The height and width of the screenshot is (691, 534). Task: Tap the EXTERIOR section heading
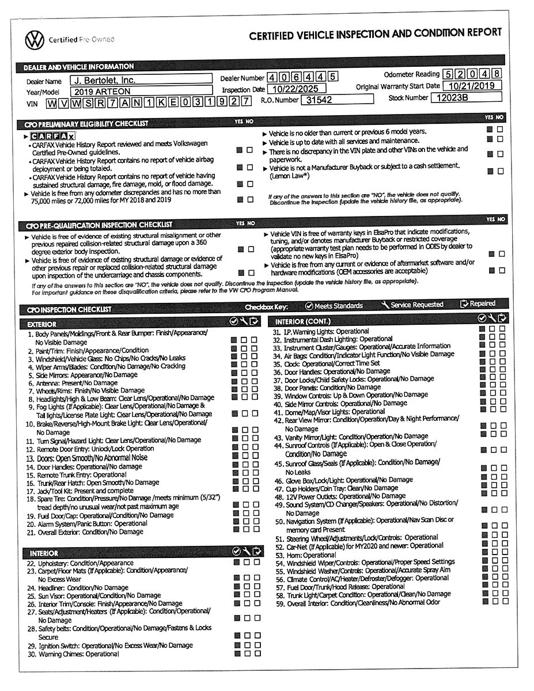42,324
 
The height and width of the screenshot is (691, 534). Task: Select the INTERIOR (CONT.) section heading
303,321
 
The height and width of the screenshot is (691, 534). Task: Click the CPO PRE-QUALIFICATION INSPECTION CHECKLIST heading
98,225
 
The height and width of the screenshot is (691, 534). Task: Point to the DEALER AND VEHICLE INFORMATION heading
78,67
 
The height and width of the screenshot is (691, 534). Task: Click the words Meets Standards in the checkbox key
339,306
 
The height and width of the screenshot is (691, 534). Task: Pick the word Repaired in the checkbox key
482,303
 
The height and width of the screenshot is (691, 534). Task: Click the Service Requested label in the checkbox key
417,305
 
